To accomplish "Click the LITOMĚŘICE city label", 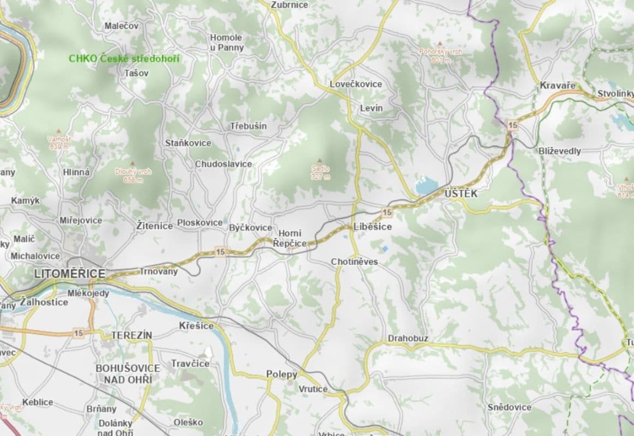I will (69, 274).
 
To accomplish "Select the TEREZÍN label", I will (131, 335).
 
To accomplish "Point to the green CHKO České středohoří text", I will (124, 58).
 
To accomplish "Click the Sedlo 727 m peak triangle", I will (321, 161).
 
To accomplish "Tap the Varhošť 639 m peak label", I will (59, 143).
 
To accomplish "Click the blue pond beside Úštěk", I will (427, 186).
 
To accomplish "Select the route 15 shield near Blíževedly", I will (512, 125).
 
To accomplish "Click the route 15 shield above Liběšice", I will (387, 212).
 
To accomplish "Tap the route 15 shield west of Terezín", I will (79, 332).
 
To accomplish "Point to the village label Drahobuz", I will (408, 338).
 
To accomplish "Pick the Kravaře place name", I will (557, 86).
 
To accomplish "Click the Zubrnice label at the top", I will (289, 5).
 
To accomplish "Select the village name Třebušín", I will (248, 126).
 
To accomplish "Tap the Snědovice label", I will (509, 407).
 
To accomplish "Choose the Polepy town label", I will (282, 374).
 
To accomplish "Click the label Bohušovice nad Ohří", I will (128, 373).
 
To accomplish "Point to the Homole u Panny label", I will (226, 43).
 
